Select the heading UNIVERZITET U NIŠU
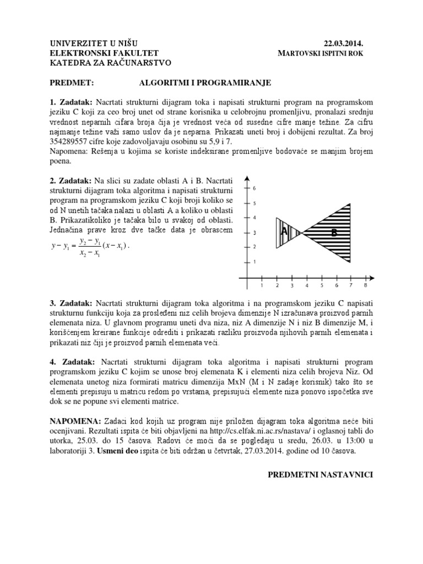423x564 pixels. tap(94, 44)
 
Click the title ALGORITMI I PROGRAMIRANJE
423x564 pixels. tap(205, 83)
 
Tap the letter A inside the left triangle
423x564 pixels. tap(284, 232)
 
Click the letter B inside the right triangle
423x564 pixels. tap(334, 233)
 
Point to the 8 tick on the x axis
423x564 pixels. tap(365, 285)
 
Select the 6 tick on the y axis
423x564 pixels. tap(254, 188)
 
